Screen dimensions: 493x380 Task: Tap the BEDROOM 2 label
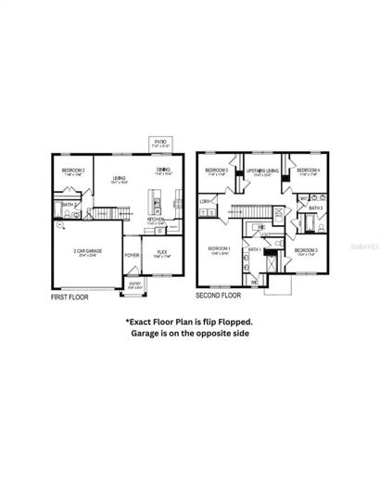click(73, 171)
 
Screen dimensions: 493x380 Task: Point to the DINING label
click(163, 169)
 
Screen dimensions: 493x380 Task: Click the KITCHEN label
click(156, 220)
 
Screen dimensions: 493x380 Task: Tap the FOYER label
click(133, 253)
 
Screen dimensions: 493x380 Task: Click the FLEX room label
click(161, 250)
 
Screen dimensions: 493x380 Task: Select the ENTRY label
click(135, 284)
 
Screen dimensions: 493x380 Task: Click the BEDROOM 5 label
click(219, 171)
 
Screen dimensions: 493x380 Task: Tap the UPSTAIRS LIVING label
click(262, 171)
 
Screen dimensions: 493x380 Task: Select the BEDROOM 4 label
click(309, 171)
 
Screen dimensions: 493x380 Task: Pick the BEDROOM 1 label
click(219, 248)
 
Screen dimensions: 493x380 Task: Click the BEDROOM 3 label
click(307, 251)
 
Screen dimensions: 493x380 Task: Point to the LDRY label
click(205, 201)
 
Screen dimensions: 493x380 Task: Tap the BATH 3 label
click(316, 209)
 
